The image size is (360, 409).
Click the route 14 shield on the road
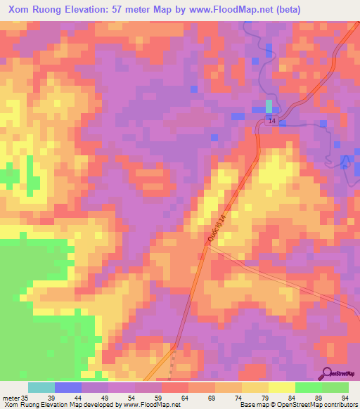pyautogui.click(x=272, y=122)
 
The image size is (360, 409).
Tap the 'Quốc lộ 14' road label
pyautogui.click(x=218, y=230)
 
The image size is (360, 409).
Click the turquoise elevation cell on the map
pyautogui.click(x=268, y=106)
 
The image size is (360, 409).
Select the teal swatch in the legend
pyautogui.click(x=41, y=387)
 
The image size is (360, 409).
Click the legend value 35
pyautogui.click(x=27, y=398)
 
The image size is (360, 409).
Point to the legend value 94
pyautogui.click(x=346, y=398)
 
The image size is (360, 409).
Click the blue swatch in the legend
pyautogui.click(x=68, y=387)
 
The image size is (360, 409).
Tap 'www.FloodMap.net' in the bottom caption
pyautogui.click(x=141, y=405)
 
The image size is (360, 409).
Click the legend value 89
pyautogui.click(x=319, y=398)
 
